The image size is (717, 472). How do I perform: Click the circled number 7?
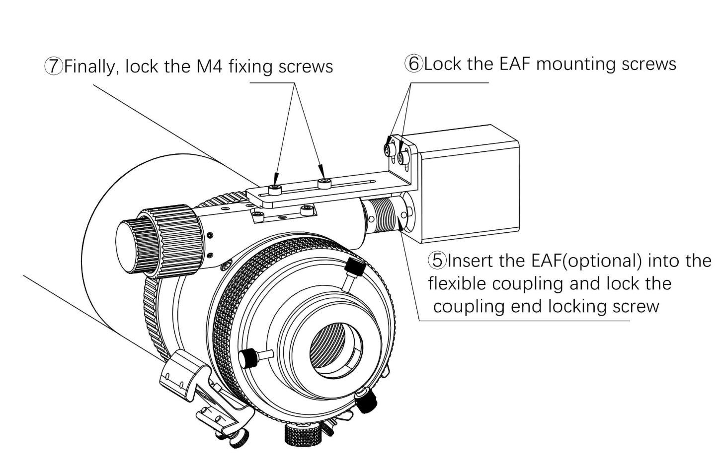[54, 66]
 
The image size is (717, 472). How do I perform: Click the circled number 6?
[413, 64]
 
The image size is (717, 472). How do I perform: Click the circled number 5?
[438, 260]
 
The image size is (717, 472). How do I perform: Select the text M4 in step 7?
[210, 66]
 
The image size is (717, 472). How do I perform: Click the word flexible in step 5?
[456, 283]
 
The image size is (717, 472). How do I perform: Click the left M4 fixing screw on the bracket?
[274, 189]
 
